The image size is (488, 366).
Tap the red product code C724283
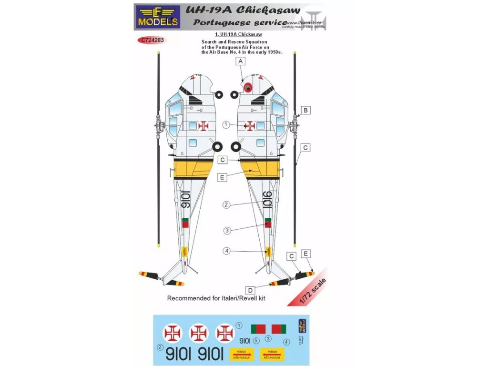[152, 41]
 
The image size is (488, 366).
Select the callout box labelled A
[241, 61]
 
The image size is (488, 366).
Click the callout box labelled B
[306, 111]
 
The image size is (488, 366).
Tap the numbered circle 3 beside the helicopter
[227, 230]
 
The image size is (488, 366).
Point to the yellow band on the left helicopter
[193, 169]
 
